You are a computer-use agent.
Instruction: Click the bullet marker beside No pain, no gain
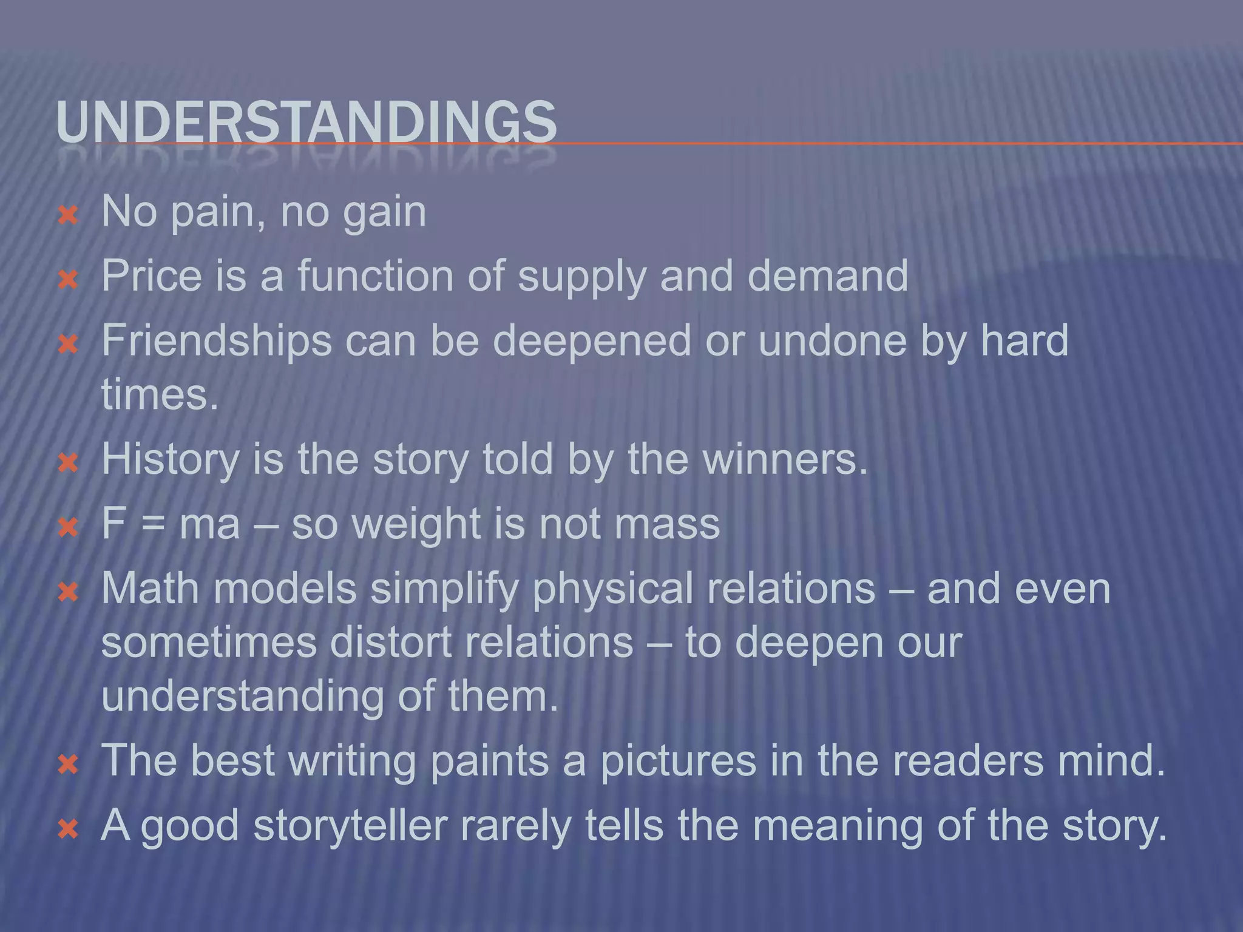pos(68,215)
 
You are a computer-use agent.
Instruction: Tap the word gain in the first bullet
pos(385,212)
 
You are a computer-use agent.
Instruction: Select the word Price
pos(151,276)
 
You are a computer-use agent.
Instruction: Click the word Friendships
pos(217,341)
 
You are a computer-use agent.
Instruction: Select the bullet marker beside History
pos(68,464)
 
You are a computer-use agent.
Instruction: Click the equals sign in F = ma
pos(153,524)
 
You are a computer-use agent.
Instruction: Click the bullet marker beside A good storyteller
pos(68,829)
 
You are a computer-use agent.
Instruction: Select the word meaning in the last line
pos(838,827)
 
